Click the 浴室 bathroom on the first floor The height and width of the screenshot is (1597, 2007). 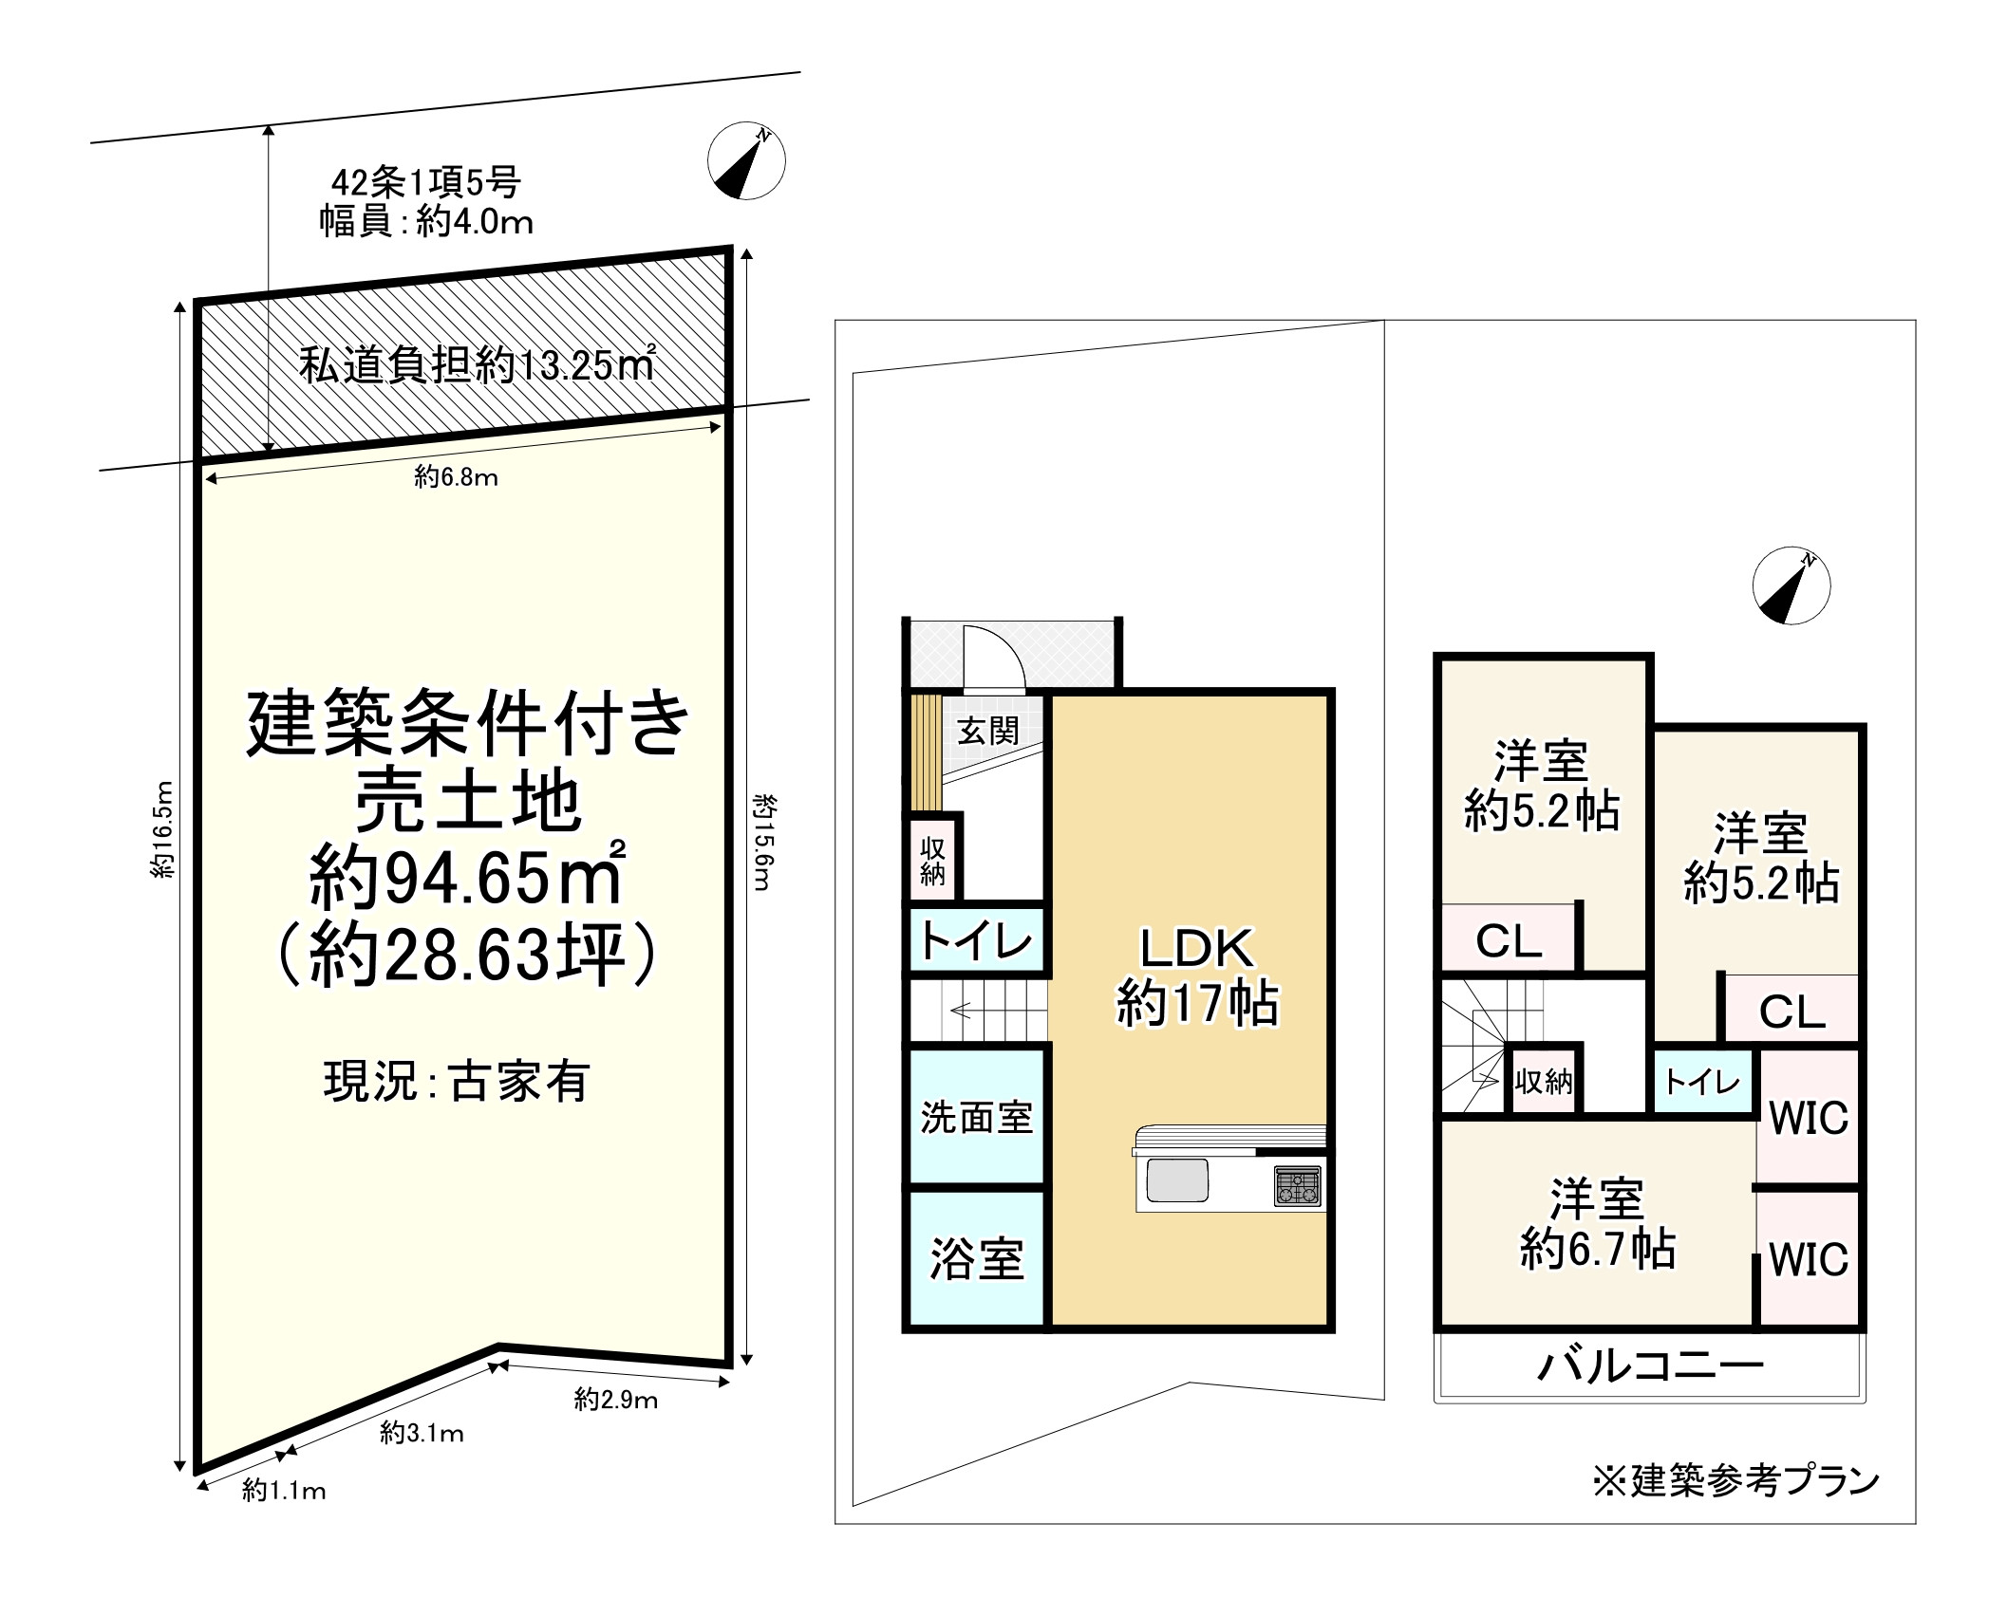[x=977, y=1258]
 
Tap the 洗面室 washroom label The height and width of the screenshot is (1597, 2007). [x=977, y=1118]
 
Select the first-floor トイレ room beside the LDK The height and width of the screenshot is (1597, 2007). [x=977, y=940]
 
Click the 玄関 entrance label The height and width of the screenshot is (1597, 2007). [x=987, y=731]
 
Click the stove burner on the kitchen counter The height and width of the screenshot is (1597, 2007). [x=1297, y=1185]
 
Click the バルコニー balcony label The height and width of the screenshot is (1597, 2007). [x=1651, y=1365]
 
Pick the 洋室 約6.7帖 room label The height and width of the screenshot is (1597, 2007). [x=1598, y=1224]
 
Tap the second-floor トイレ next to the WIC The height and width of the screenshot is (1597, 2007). [x=1703, y=1081]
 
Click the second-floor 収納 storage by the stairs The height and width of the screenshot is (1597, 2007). [x=1543, y=1080]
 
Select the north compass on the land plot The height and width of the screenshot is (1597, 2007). [x=746, y=160]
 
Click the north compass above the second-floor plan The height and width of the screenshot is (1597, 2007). [x=1791, y=585]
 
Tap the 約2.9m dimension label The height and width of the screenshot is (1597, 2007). [x=616, y=1400]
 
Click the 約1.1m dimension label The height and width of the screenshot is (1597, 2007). [x=284, y=1491]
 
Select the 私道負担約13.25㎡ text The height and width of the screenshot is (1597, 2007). [x=477, y=364]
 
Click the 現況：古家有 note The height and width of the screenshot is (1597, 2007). [x=457, y=1081]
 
